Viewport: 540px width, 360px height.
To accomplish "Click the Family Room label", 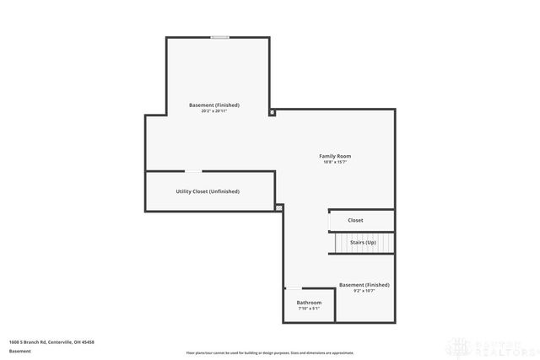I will (335, 156).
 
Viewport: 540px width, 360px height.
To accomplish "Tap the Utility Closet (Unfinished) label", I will (208, 191).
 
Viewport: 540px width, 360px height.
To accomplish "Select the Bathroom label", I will (309, 302).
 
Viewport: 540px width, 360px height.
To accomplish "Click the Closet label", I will (355, 220).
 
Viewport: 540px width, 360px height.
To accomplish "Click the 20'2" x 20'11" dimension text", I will (214, 111).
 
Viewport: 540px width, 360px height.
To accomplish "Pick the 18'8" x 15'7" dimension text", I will (335, 162).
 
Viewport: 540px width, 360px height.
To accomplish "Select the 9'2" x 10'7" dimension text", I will (364, 291).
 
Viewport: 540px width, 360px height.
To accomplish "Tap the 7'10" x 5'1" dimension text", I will (309, 308).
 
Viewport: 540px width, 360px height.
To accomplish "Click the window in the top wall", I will (219, 36).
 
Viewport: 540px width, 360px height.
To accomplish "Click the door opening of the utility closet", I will (192, 171).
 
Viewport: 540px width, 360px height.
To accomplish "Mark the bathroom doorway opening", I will (292, 289).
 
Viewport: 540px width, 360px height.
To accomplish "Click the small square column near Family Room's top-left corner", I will (272, 112).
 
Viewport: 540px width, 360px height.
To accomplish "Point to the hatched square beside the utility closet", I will (279, 206).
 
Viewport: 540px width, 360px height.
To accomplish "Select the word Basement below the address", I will (20, 350).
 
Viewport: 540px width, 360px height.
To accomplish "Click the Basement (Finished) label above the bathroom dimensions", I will (364, 285).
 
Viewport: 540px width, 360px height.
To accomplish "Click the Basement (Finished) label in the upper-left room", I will (214, 105).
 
